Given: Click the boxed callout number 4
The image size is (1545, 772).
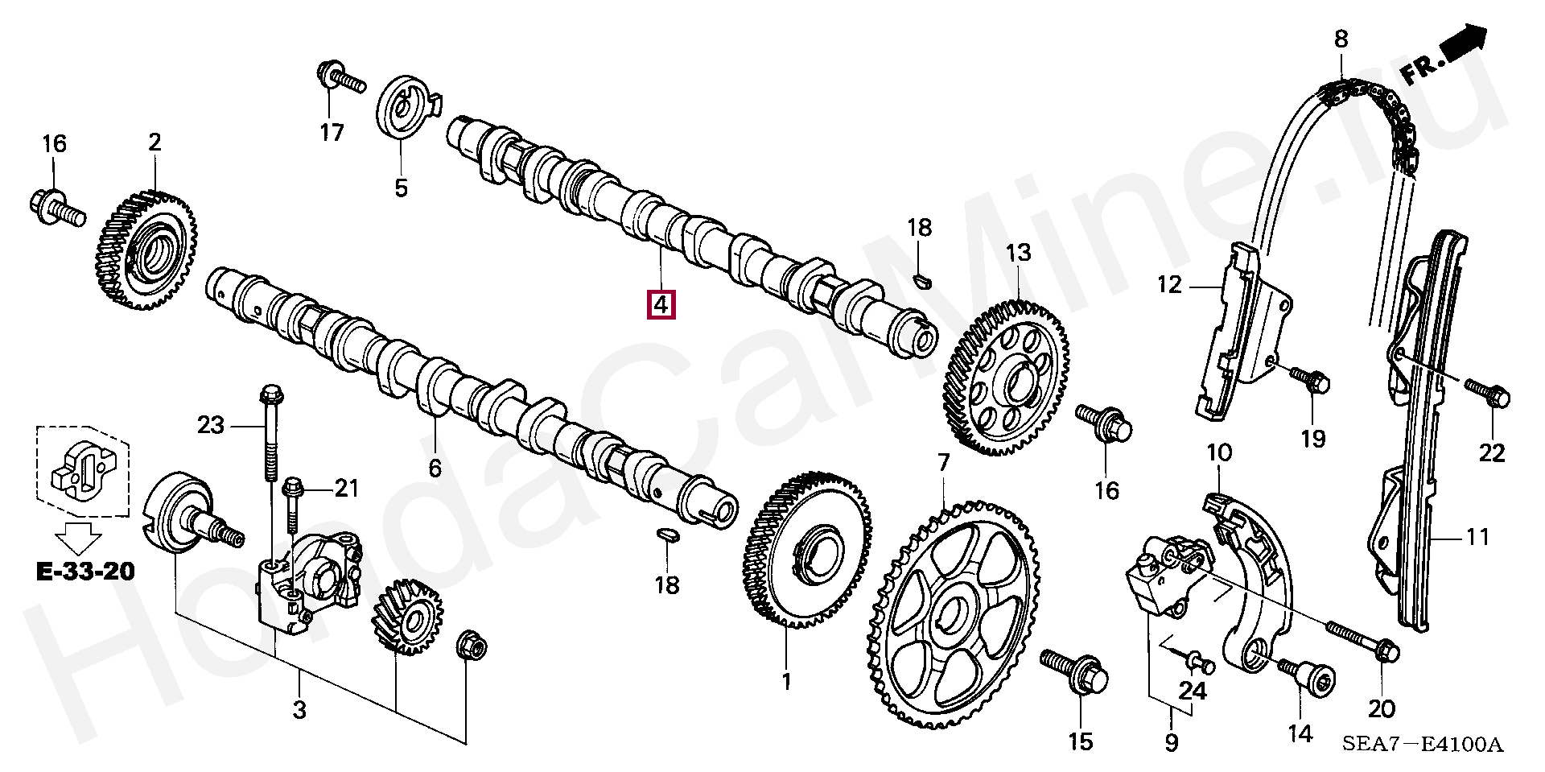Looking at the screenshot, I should [660, 306].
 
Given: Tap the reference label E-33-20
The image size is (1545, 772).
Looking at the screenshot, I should [85, 572].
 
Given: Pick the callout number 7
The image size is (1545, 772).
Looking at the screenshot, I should [943, 463].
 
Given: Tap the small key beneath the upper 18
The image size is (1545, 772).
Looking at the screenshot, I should [921, 279].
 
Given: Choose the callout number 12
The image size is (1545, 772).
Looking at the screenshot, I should [1169, 284].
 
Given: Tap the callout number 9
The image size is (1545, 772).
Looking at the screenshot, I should [1171, 742].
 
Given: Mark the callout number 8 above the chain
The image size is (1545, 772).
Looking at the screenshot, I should [1341, 39].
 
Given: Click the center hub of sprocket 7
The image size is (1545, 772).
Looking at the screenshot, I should [957, 619].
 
